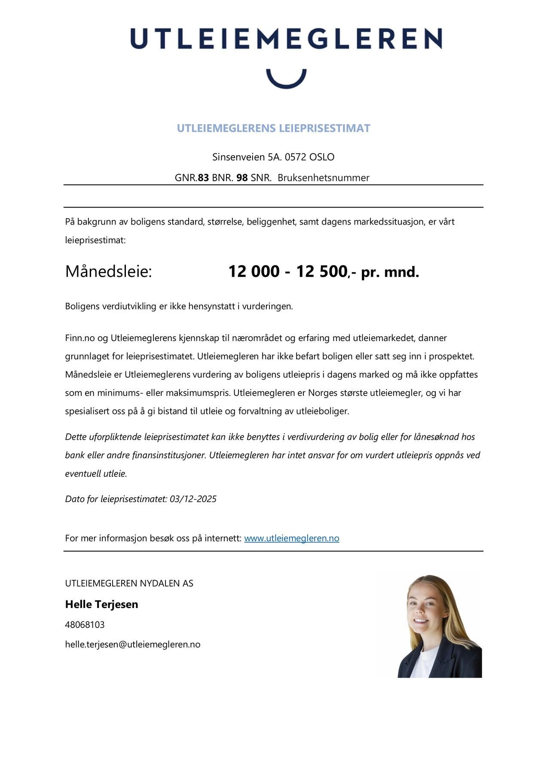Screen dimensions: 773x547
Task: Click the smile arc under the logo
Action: click(286, 82)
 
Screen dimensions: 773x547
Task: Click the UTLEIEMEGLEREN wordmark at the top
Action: click(286, 39)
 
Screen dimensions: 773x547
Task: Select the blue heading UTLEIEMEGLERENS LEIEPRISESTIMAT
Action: click(273, 128)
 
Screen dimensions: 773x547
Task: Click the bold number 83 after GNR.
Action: click(203, 178)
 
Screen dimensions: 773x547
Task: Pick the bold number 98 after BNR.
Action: click(242, 178)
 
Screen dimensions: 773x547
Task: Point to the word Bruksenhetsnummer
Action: click(323, 178)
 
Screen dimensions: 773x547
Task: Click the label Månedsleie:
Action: click(109, 272)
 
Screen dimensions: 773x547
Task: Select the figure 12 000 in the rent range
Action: click(254, 272)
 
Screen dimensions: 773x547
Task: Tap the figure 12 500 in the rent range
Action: click(321, 272)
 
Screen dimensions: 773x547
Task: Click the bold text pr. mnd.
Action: click(390, 272)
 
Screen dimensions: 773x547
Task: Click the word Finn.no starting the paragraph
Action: click(79, 338)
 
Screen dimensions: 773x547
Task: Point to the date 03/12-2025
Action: click(193, 499)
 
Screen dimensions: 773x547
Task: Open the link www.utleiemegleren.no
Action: click(291, 538)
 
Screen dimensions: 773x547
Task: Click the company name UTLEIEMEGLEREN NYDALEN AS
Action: click(129, 583)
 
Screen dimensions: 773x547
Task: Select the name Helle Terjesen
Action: click(101, 604)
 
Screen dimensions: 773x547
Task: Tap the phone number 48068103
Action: click(85, 624)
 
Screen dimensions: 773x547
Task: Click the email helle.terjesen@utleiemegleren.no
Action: click(132, 644)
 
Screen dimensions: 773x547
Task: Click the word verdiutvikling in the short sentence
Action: click(122, 307)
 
